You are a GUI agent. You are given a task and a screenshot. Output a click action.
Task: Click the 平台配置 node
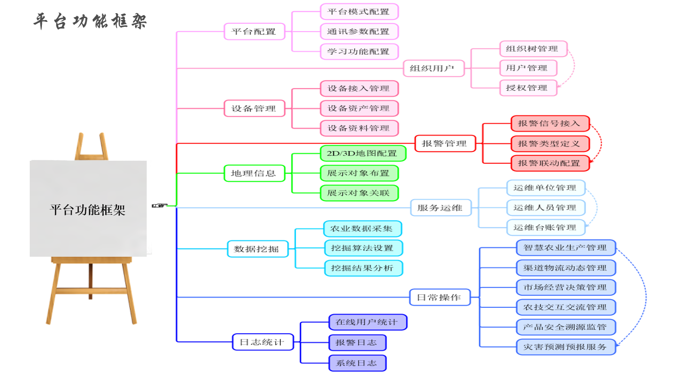[x=253, y=32]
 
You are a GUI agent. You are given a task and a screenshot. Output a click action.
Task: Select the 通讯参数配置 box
[x=359, y=32]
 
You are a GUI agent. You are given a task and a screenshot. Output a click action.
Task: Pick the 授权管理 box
[x=527, y=88]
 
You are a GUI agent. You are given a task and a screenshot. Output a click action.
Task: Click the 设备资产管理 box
[x=359, y=108]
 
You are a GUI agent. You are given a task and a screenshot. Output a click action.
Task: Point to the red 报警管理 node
[x=444, y=143]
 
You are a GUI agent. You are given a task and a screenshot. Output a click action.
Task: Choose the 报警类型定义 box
[x=550, y=144]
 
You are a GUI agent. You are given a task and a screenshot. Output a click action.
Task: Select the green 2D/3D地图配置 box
[x=363, y=153]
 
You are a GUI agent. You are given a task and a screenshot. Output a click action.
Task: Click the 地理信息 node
[x=254, y=173]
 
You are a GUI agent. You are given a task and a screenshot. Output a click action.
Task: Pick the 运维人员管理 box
[x=545, y=208]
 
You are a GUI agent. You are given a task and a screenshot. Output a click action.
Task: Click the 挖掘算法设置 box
[x=363, y=248]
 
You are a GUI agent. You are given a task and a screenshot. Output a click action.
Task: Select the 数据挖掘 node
[x=257, y=248]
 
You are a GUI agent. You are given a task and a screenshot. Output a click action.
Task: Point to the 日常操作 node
[x=440, y=297]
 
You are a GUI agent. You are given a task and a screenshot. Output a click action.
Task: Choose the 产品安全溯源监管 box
[x=565, y=327]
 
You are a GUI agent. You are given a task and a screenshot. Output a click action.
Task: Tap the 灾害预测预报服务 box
[x=565, y=347]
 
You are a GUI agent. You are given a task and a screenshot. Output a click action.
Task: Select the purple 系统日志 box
[x=357, y=363]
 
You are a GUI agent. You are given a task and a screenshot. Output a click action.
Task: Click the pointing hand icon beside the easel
[x=159, y=206]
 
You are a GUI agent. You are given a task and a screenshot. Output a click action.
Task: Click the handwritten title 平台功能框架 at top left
[x=90, y=21]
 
